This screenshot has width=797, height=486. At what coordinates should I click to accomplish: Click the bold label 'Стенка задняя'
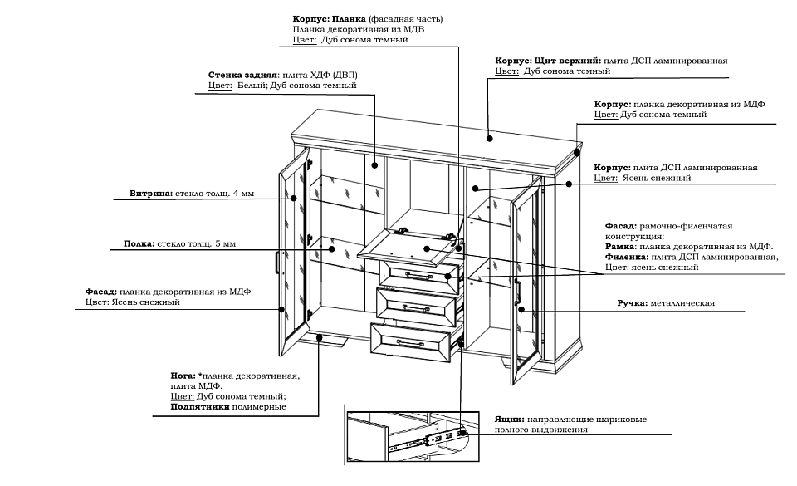pos(242,75)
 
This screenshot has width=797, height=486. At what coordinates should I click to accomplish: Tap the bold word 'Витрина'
pos(150,194)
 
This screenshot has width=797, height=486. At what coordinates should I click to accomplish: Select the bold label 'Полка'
pos(138,244)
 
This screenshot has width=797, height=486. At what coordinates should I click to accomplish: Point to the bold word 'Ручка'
pos(633,304)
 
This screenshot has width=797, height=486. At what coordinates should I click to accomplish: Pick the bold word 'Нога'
pos(183,376)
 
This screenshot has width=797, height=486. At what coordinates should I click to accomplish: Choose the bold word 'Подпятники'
pos(200,407)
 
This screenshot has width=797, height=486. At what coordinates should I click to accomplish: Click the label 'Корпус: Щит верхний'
pos(548,61)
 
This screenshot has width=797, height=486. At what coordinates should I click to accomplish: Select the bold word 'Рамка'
pos(621,247)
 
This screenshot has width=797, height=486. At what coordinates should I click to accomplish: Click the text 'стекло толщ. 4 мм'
pos(214,194)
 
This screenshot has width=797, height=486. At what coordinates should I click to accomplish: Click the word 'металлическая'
pos(682,304)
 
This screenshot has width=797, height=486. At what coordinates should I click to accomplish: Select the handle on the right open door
pos(517,292)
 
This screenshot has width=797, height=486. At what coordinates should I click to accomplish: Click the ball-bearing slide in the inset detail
pos(436,435)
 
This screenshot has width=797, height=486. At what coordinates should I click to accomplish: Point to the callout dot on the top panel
pos(490,139)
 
